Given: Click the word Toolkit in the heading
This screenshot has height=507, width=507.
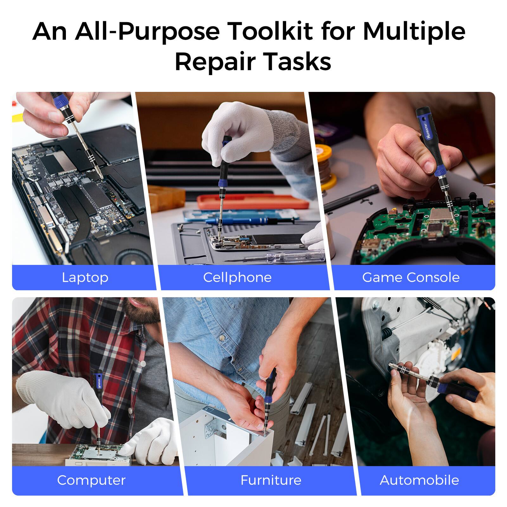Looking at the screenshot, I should [270, 32].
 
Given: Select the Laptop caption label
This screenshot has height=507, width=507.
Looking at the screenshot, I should [85, 278].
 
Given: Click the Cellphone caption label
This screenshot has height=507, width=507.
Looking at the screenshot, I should [237, 278].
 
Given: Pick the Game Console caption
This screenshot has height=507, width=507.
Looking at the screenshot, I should [411, 278].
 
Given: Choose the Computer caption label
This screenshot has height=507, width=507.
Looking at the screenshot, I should [91, 480].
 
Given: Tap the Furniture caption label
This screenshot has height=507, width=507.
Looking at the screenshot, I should [271, 480].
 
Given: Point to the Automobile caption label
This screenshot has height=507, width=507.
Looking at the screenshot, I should [419, 480].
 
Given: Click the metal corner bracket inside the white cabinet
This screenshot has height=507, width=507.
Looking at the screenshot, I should [211, 426].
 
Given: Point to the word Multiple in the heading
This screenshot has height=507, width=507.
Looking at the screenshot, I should [414, 32].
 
